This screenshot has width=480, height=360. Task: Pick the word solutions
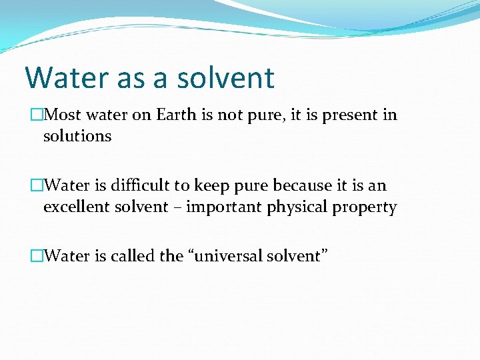tap(77, 136)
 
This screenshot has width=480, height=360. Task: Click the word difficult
tap(137, 185)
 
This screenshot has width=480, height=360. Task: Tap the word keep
tap(209, 185)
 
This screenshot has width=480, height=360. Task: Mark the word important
tap(224, 207)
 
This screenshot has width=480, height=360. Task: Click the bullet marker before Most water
tap(37, 115)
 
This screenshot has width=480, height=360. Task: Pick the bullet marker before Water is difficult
tap(37, 185)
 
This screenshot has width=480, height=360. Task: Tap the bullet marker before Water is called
tap(37, 255)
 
